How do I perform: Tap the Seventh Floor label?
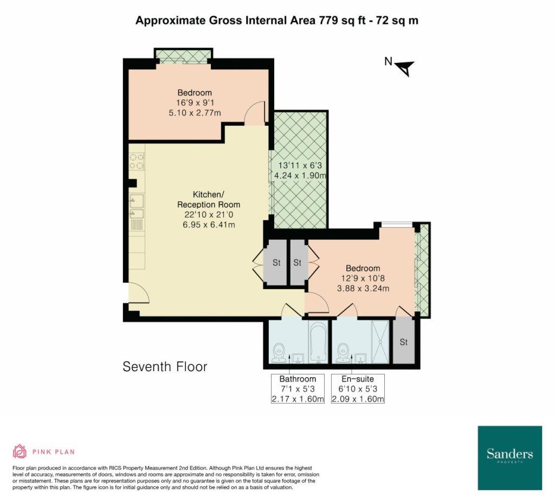(165, 366)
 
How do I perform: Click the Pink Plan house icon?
(20, 451)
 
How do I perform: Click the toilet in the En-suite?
(343, 353)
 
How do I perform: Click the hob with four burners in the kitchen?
(137, 161)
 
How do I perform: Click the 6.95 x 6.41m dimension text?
(209, 225)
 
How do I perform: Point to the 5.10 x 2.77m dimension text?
(195, 113)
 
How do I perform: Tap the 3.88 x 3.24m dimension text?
(363, 288)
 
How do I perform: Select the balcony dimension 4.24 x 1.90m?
(300, 175)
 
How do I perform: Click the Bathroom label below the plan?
(298, 379)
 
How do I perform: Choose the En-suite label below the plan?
(358, 379)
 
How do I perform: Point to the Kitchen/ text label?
(209, 194)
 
